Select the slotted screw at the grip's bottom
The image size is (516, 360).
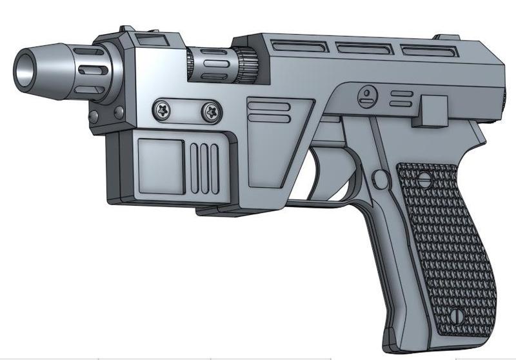[x=457, y=315]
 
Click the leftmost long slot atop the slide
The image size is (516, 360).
[x=299, y=46]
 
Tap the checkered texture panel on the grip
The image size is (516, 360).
[x=445, y=245]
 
